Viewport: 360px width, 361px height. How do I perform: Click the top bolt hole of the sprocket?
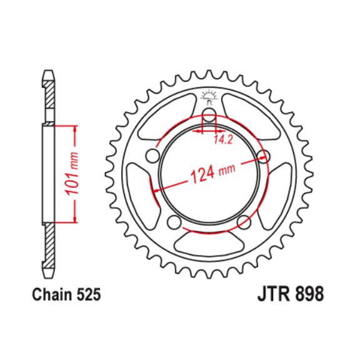click(209, 114)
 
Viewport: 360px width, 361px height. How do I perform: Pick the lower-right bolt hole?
click(244, 222)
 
